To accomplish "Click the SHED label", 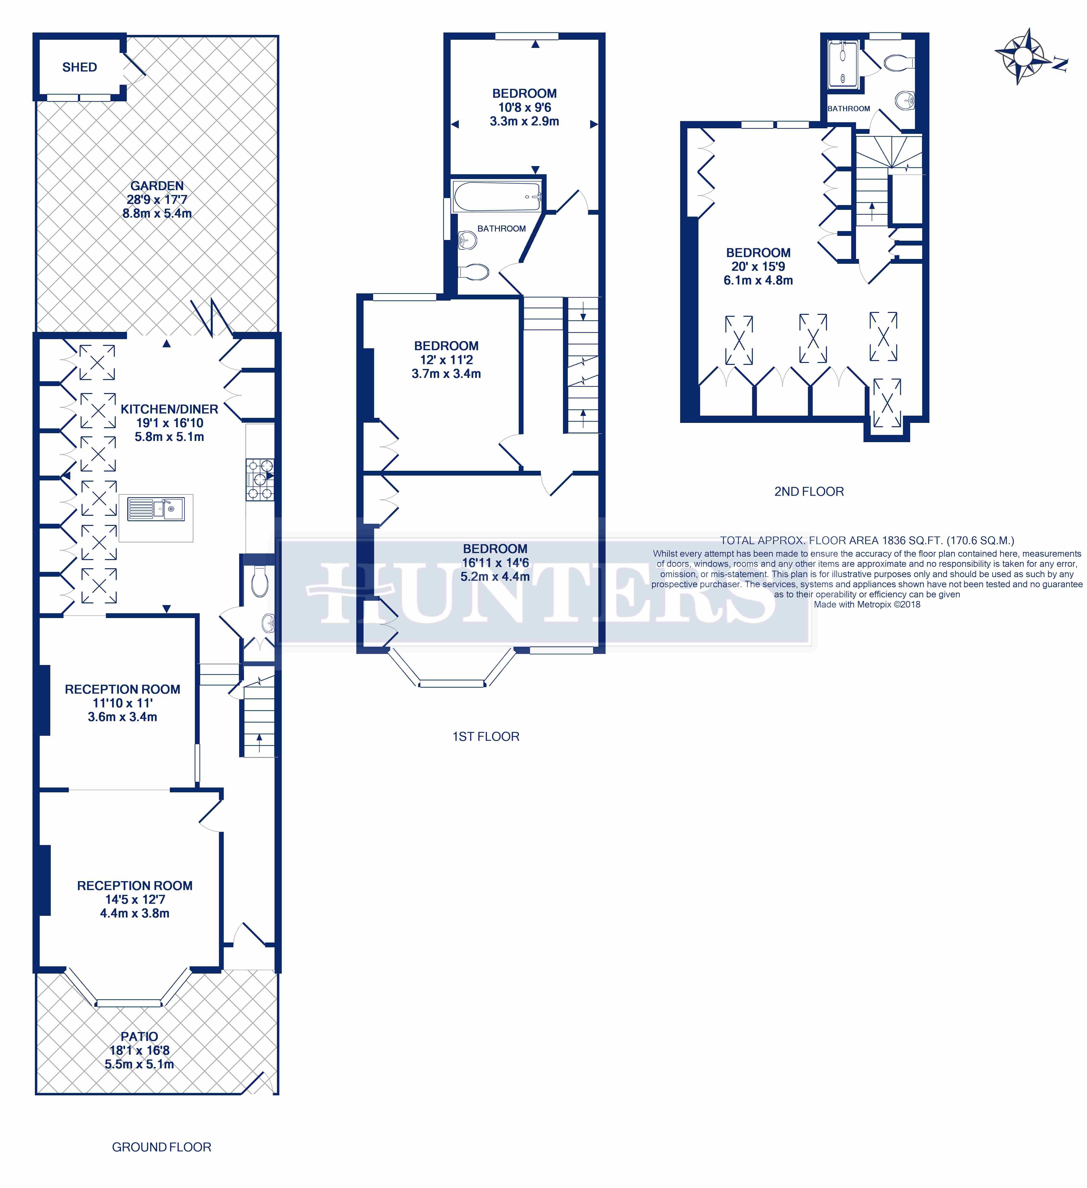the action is pos(80,67).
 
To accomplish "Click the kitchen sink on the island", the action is pos(156,509).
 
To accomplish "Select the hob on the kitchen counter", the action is pos(260,480).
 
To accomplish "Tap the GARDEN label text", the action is pos(157,186).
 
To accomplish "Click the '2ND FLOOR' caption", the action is pos(809,491).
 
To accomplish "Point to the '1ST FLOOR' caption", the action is pos(486,737).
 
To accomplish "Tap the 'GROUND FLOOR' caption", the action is pos(161,1147).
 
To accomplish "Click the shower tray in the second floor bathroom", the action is pos(843,65).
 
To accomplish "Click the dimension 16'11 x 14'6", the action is pos(495,563).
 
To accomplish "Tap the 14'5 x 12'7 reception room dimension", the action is pos(135,899).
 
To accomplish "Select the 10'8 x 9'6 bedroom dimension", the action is pos(524,107).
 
